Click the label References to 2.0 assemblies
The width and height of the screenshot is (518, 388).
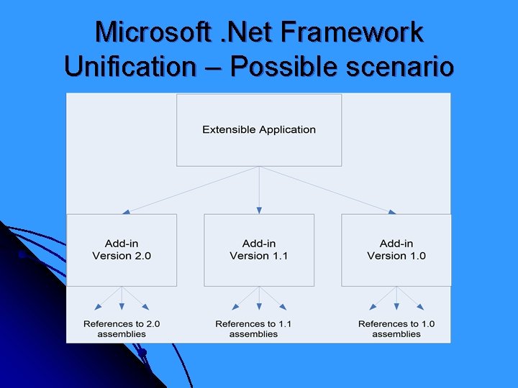pyautogui.click(x=122, y=328)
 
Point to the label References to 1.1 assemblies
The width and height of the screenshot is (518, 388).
pyautogui.click(x=253, y=328)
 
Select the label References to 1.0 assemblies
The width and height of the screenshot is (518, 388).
pyautogui.click(x=396, y=328)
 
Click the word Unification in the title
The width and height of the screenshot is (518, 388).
pyautogui.click(x=129, y=67)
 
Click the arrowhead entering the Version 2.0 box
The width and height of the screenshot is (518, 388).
pyautogui.click(x=127, y=211)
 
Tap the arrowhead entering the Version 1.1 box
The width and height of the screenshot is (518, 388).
pyautogui.click(x=259, y=211)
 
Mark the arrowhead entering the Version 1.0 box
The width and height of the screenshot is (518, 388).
pyautogui.click(x=392, y=211)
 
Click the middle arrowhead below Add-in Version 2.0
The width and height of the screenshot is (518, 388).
pyautogui.click(x=122, y=307)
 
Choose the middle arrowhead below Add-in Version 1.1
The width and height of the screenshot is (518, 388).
pyautogui.click(x=259, y=307)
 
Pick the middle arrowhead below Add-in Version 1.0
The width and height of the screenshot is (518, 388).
pyautogui.click(x=396, y=307)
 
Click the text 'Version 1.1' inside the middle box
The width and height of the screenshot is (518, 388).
pyautogui.click(x=259, y=256)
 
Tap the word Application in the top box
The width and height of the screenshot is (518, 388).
pyautogui.click(x=287, y=130)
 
